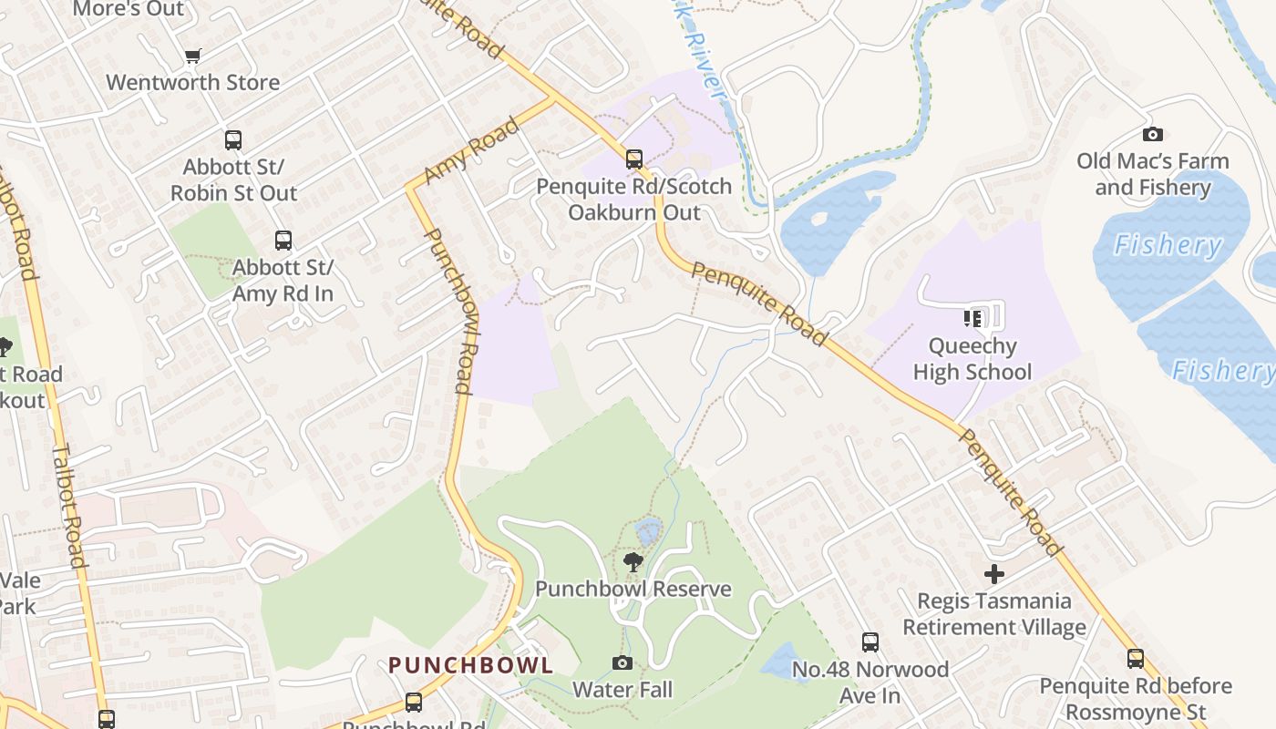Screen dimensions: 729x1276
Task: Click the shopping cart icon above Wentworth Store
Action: (x=192, y=56)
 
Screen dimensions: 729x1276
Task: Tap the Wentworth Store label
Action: (x=192, y=82)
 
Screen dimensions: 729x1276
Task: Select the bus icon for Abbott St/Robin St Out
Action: (x=233, y=140)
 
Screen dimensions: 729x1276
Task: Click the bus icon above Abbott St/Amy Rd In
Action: (x=283, y=241)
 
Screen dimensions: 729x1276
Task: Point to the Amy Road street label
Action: (x=485, y=149)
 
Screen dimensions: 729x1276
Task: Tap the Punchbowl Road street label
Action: (x=450, y=311)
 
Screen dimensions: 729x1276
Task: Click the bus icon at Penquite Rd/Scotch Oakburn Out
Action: (x=634, y=159)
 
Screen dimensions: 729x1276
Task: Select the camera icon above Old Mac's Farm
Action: (x=1152, y=135)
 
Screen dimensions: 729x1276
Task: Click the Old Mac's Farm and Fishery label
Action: (x=1152, y=174)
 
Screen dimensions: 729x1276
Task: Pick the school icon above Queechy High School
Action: (x=972, y=318)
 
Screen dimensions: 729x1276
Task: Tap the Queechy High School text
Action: (x=972, y=359)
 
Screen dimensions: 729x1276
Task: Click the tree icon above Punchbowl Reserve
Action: (x=633, y=562)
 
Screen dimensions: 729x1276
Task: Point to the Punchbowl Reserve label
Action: (x=633, y=589)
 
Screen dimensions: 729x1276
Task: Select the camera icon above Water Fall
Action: (x=623, y=662)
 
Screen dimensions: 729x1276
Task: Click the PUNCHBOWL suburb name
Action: (x=470, y=665)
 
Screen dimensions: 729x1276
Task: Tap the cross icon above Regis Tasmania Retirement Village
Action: (x=994, y=574)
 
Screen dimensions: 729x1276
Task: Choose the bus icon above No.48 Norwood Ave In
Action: (x=870, y=642)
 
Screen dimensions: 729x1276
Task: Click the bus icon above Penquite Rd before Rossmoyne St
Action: (x=1136, y=659)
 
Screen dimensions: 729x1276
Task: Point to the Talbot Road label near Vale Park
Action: (x=69, y=505)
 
